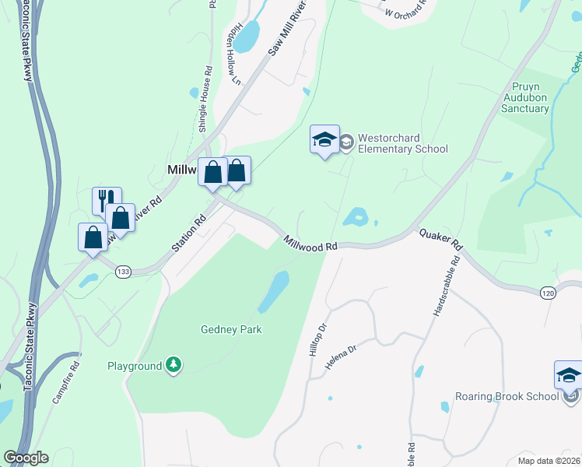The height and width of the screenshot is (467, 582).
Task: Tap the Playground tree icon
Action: [174, 365]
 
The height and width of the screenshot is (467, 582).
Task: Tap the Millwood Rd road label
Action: [310, 244]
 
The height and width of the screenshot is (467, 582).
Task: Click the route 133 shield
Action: [122, 272]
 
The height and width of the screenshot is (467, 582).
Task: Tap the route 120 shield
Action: [548, 292]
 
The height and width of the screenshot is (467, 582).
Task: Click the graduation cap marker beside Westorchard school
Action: [324, 140]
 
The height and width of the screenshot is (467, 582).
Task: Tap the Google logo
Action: [26, 458]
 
